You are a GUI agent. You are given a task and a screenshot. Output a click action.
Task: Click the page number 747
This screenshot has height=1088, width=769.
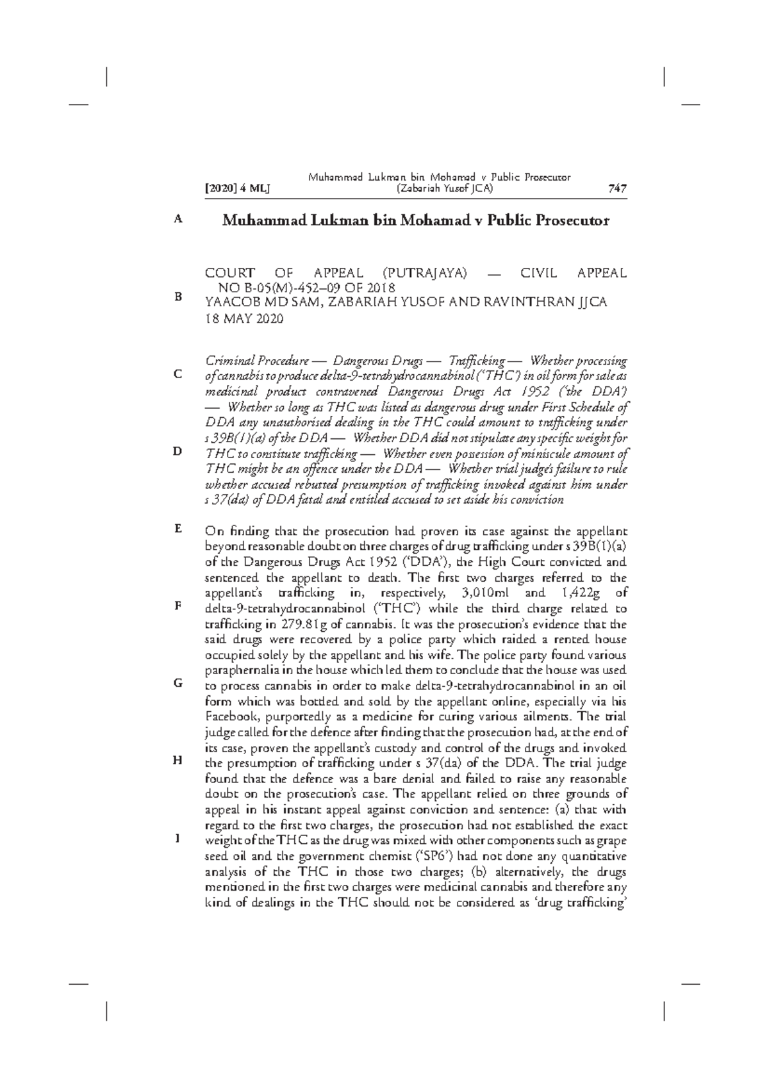pyautogui.click(x=616, y=188)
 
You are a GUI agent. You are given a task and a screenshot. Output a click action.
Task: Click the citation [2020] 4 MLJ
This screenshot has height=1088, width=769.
pyautogui.click(x=237, y=188)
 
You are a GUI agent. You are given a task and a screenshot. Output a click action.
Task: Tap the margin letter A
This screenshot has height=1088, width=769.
pyautogui.click(x=178, y=219)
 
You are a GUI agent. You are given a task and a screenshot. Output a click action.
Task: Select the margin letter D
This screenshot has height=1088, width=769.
pyautogui.click(x=178, y=452)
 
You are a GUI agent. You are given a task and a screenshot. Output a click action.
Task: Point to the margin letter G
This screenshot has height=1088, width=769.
pyautogui.click(x=178, y=683)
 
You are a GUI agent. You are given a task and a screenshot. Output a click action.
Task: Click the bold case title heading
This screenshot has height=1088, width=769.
pyautogui.click(x=415, y=221)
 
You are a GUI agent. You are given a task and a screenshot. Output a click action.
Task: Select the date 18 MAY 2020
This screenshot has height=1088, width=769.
pyautogui.click(x=244, y=320)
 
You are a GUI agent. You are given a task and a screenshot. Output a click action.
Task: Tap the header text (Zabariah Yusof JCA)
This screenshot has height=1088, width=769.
pyautogui.click(x=439, y=188)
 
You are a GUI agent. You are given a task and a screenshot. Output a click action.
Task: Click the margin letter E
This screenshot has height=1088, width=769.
pyautogui.click(x=178, y=529)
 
